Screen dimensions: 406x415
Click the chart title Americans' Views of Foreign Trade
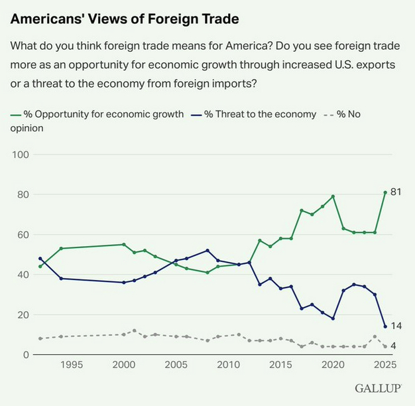124,19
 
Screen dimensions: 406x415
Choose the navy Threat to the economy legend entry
259,114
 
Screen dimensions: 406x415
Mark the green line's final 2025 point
385,192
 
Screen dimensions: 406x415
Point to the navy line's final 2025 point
385,326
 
